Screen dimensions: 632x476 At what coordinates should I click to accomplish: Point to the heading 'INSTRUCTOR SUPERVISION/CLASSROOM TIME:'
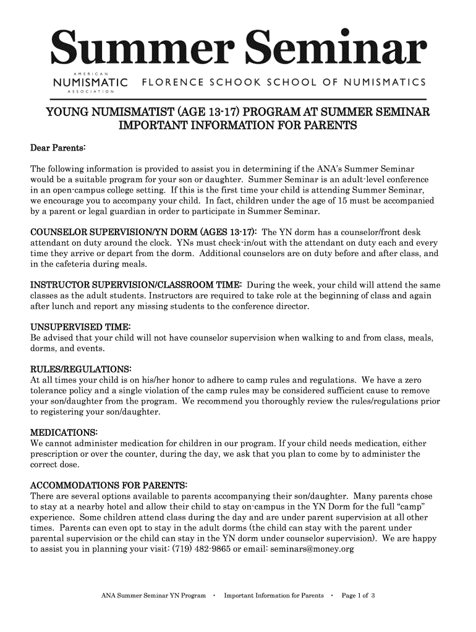(136, 285)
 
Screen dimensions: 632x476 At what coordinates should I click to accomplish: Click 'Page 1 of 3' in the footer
(363, 596)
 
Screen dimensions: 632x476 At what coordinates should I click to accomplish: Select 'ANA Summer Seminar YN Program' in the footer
(153, 596)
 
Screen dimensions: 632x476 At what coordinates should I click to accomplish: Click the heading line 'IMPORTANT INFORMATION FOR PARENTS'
(238, 127)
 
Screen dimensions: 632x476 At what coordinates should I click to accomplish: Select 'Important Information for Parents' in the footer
(274, 596)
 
